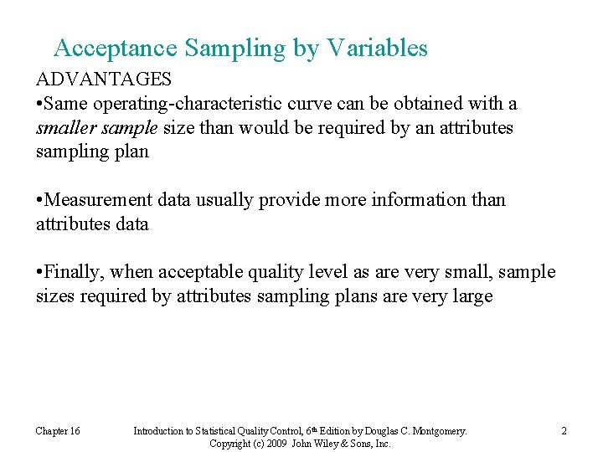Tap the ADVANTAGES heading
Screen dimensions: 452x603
coord(103,80)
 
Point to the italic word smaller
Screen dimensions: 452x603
coord(64,128)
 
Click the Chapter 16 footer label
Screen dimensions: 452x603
coord(58,431)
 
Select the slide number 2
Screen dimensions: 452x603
coord(564,431)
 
